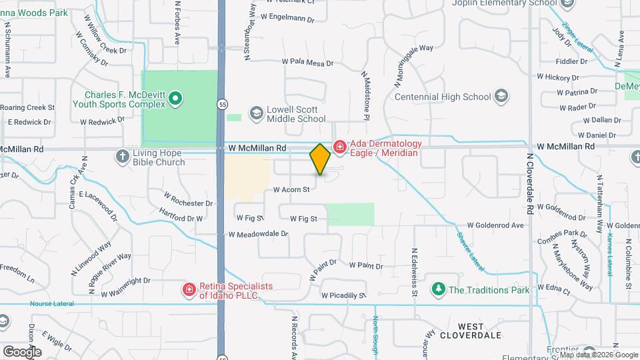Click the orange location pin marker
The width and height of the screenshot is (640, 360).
pos(320,159)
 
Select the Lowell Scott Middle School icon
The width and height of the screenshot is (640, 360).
pos(255,113)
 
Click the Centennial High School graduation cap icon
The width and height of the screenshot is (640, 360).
pos(499,97)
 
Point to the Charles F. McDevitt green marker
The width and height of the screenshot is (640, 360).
pos(175,99)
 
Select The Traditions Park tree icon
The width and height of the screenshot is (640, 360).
pos(438,289)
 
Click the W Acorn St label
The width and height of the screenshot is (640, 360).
pos(292,190)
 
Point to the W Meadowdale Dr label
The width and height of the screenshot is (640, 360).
pos(258,234)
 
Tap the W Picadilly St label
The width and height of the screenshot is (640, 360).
pos(343,295)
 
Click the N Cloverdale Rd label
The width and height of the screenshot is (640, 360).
pos(530,183)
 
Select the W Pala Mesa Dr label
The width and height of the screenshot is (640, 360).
pos(307,62)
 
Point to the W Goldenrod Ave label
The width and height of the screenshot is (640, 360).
pos(495,225)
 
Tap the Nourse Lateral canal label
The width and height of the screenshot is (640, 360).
pos(52,304)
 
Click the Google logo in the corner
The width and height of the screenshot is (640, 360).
pos(21,351)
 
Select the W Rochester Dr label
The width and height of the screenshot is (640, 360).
pos(189,198)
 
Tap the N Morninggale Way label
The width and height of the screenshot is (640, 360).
pos(413,65)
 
